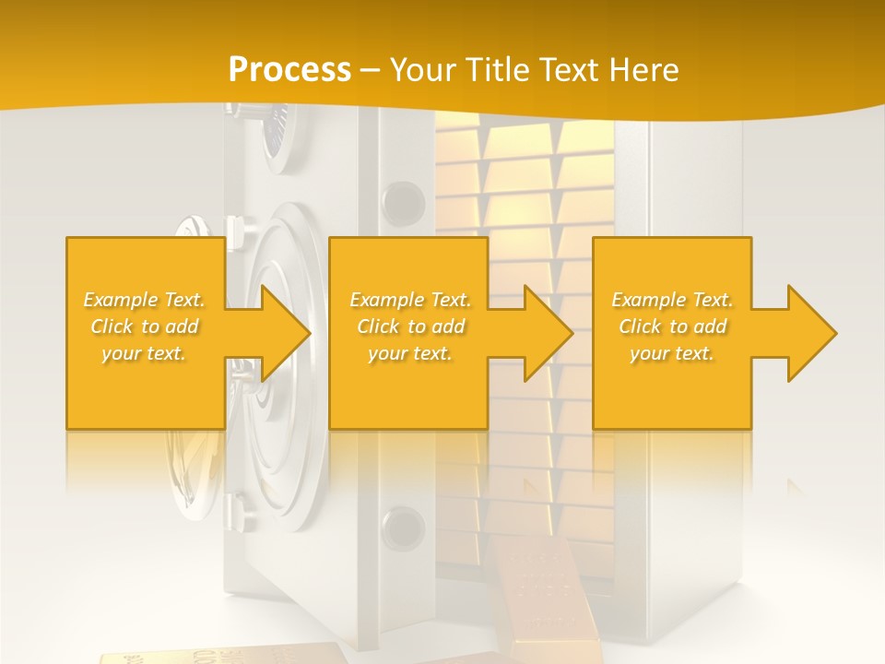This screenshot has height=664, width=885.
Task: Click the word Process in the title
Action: point(289,69)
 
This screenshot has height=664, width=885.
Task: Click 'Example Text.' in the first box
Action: point(145,300)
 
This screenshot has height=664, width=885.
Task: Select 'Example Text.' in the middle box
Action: point(410,300)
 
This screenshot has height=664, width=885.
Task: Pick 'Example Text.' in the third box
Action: point(672,300)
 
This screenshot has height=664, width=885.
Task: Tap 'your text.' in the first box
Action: point(145,353)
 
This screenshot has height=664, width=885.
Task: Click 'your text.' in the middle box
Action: point(410,353)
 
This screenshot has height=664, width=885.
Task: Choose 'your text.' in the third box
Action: point(672,353)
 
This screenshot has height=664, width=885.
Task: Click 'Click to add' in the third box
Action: point(672,326)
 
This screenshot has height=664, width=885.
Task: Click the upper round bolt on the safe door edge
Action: point(403,200)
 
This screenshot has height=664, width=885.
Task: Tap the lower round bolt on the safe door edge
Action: point(403,528)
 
